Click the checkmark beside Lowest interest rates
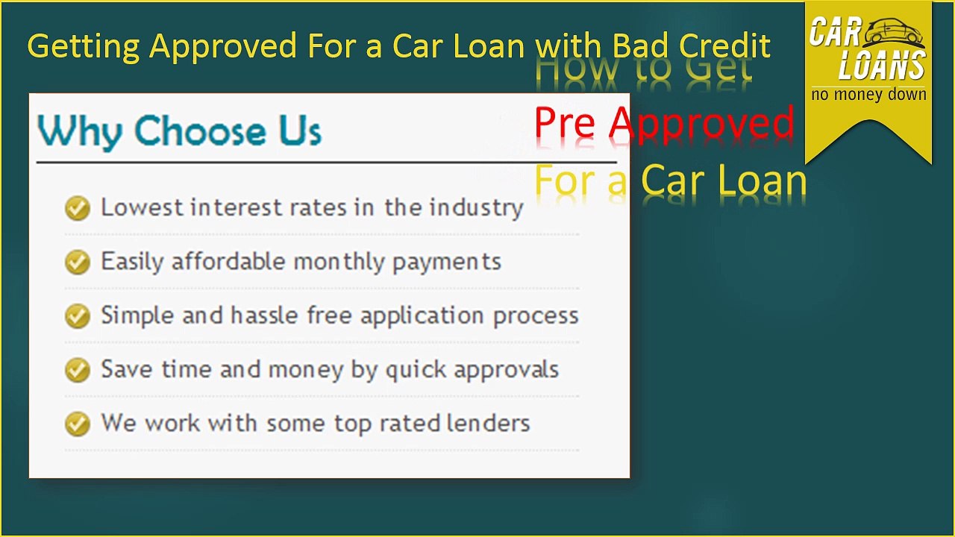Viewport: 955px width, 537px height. coord(77,208)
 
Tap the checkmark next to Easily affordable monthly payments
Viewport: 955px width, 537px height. coord(77,262)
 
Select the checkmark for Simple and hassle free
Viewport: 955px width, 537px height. coord(77,315)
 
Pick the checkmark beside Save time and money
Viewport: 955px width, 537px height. coord(77,370)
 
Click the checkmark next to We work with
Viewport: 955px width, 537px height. coord(77,424)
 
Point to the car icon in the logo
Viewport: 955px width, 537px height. coord(895,32)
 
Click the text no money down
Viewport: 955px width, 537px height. coord(868,95)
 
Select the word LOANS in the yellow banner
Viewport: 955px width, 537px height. coord(881,66)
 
